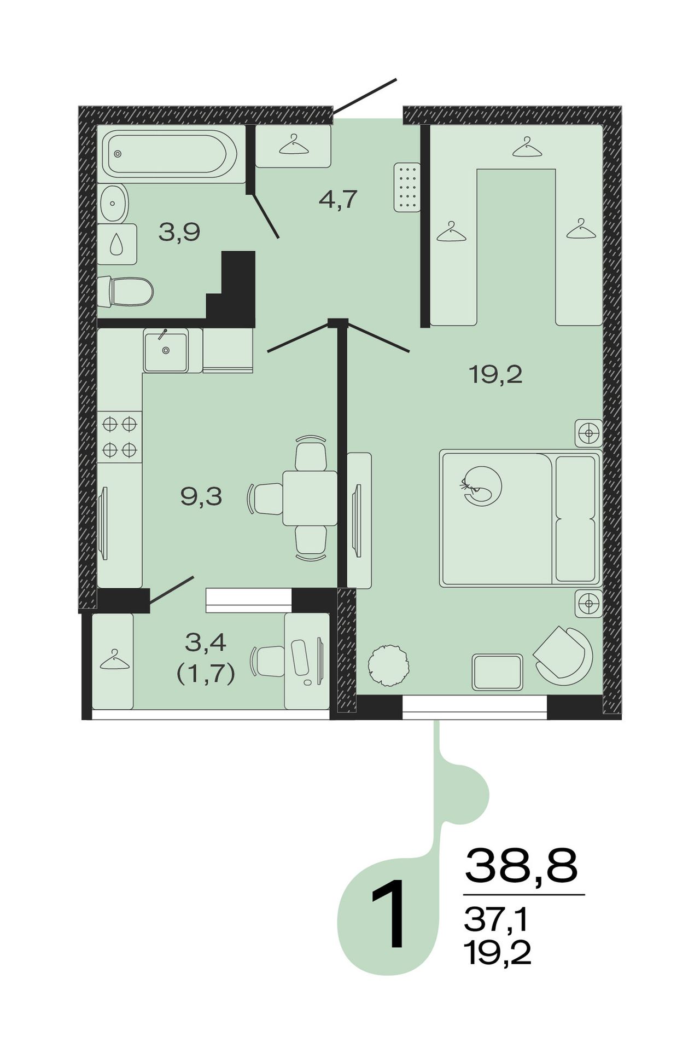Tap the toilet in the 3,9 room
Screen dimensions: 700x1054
tap(125, 291)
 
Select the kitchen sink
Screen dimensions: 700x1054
tap(166, 350)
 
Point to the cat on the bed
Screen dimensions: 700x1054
tap(482, 485)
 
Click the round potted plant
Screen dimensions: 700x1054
tap(388, 665)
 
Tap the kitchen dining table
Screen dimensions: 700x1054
tap(310, 498)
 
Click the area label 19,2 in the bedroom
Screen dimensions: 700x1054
tap(495, 375)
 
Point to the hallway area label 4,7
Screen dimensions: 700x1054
tap(338, 200)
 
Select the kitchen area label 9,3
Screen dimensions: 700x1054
tap(201, 497)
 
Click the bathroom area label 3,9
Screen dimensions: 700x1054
tap(179, 233)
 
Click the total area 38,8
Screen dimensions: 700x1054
tap(521, 865)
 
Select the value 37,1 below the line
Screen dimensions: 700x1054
tap(496, 920)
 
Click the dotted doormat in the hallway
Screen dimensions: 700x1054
tap(407, 187)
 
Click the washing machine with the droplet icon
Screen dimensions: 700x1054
tap(117, 244)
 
